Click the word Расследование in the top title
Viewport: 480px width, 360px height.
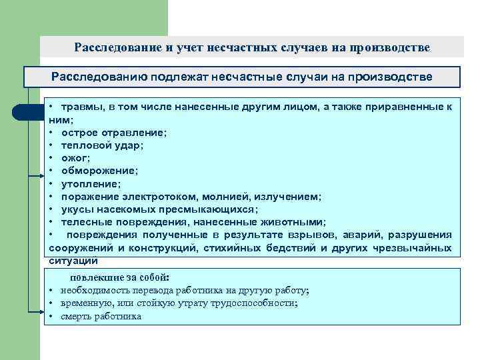[x=111, y=48]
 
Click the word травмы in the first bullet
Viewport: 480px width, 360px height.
[x=79, y=107]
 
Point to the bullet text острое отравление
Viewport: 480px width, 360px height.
[x=113, y=132]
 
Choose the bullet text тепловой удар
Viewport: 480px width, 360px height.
[x=102, y=145]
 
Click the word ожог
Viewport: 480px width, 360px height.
[x=75, y=157]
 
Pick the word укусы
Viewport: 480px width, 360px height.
[x=77, y=209]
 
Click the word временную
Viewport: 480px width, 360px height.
[x=85, y=303]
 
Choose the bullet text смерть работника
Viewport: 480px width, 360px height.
[x=101, y=317]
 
